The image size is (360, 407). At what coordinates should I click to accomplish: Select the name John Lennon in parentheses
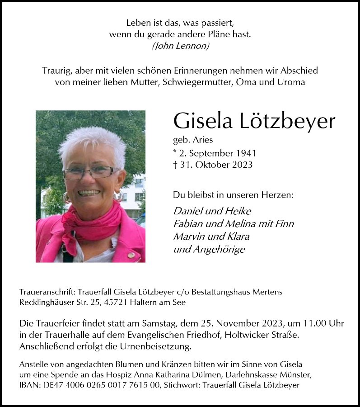[181, 46]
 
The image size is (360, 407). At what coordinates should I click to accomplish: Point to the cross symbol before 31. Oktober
[175, 165]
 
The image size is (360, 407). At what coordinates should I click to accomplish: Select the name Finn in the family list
[285, 223]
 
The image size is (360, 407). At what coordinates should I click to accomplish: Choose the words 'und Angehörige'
[209, 249]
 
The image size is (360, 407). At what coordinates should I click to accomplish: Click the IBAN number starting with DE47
[95, 385]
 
